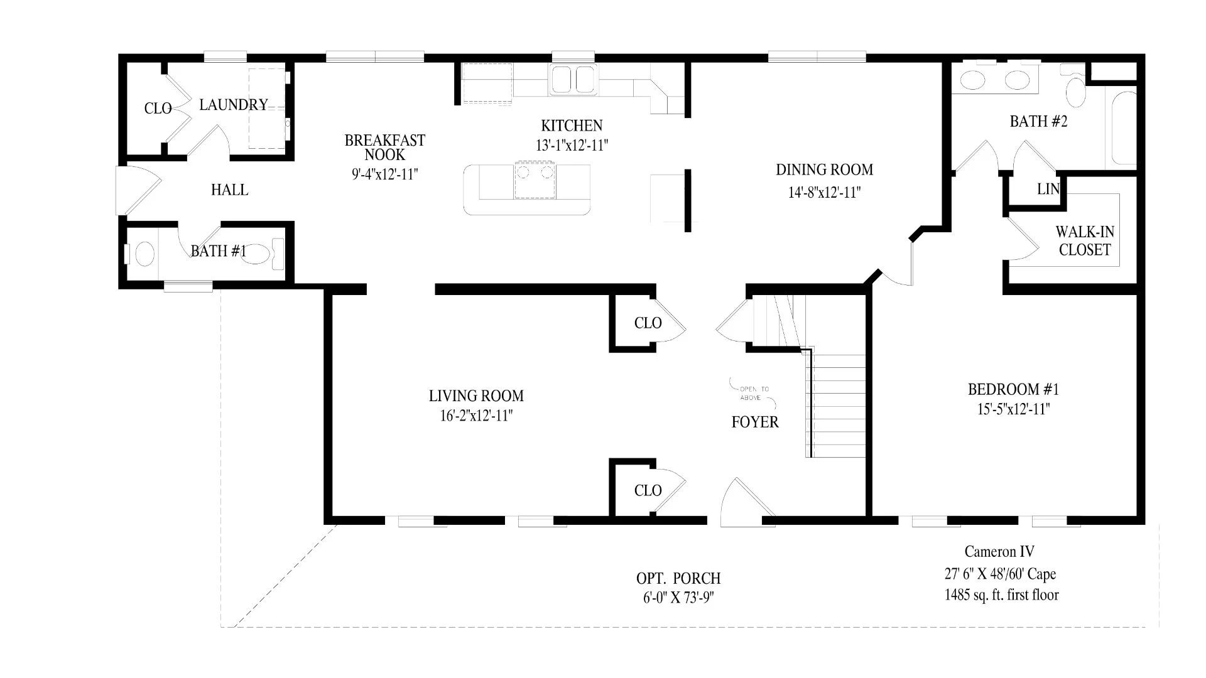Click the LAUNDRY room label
click(234, 105)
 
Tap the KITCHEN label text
click(572, 126)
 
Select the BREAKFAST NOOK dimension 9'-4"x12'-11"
click(385, 174)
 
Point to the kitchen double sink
click(573, 80)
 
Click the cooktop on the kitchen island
click(535, 180)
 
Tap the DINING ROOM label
click(824, 169)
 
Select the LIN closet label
click(1048, 188)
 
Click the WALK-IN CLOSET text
click(1085, 240)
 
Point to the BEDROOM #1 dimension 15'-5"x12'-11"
click(1013, 409)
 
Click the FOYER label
click(755, 422)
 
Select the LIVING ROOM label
click(476, 396)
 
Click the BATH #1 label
click(219, 251)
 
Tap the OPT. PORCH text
click(678, 578)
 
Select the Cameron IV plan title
click(999, 552)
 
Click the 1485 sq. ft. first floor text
click(1001, 595)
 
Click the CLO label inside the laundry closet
click(158, 109)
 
